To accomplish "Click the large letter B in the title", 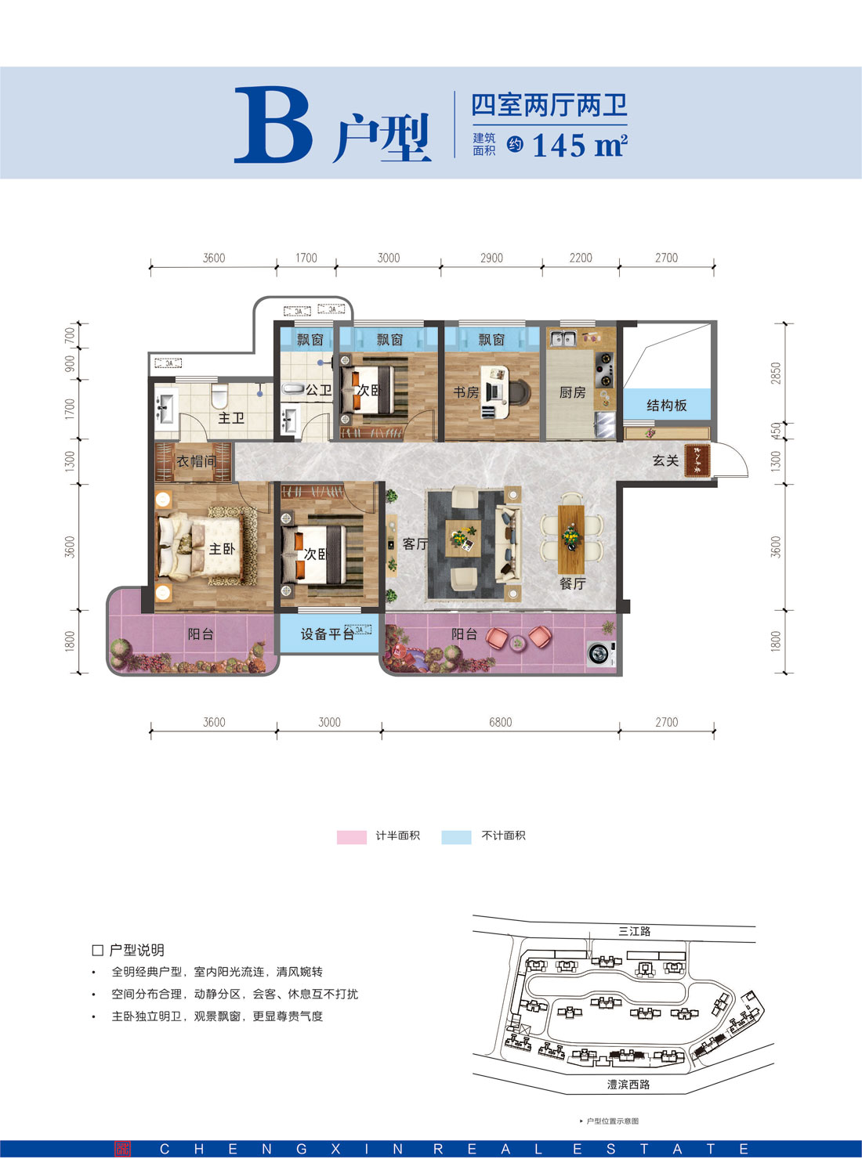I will [x=272, y=126].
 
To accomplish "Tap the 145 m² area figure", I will [x=579, y=146].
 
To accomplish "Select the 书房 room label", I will [x=465, y=392].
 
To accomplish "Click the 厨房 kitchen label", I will [x=572, y=392].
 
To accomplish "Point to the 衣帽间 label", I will [x=195, y=461].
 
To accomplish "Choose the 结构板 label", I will [x=666, y=405].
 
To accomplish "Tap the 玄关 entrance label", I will [x=665, y=460].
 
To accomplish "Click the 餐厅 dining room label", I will [x=572, y=583].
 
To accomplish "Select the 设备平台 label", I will [x=327, y=634].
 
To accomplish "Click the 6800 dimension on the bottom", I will [x=500, y=722].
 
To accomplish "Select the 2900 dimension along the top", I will [x=491, y=258].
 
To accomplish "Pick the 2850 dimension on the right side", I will [x=776, y=373].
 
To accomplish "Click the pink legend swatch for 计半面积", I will [x=351, y=836].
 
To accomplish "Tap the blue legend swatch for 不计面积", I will [x=456, y=836].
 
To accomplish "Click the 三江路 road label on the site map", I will [x=634, y=931].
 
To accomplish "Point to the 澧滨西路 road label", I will [x=628, y=1085].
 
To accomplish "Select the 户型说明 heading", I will [x=136, y=950].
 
